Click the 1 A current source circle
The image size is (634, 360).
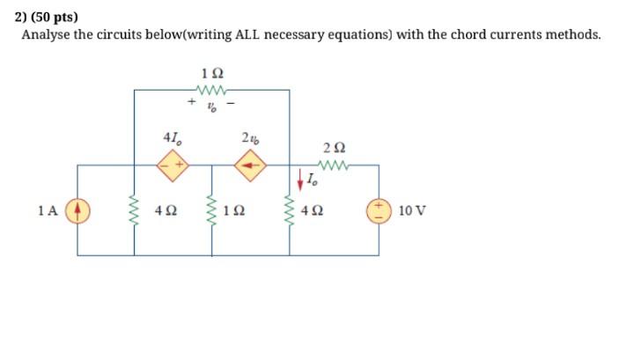click(77, 210)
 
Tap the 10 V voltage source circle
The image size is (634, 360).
click(380, 210)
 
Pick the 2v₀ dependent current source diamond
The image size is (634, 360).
click(250, 164)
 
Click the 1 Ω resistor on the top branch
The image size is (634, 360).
click(212, 90)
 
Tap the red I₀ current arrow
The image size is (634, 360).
click(299, 181)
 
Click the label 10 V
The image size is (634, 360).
click(411, 210)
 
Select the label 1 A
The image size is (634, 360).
click(48, 210)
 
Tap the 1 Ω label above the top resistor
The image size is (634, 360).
click(211, 72)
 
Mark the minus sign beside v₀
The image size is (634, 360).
click(231, 103)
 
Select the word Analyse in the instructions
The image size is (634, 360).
click(47, 35)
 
